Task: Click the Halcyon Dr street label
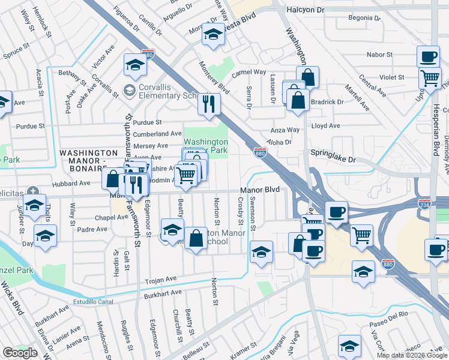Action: pyautogui.click(x=305, y=10)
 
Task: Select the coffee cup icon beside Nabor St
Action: pyautogui.click(x=428, y=57)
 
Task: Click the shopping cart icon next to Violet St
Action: pyautogui.click(x=430, y=78)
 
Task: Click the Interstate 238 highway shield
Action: pyautogui.click(x=424, y=204)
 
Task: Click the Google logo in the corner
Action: pyautogui.click(x=20, y=353)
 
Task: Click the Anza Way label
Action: pyautogui.click(x=285, y=130)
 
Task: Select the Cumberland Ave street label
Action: pyautogui.click(x=157, y=134)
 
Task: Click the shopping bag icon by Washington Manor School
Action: pyautogui.click(x=196, y=238)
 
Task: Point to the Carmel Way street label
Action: pyautogui.click(x=249, y=72)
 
